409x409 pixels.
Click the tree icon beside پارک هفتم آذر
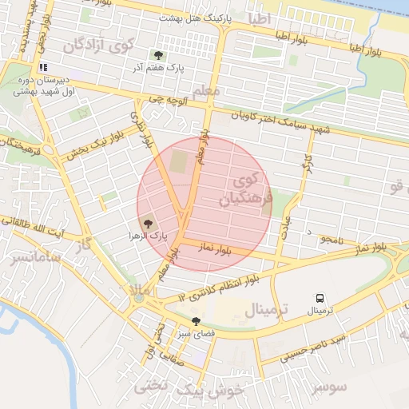(158, 56)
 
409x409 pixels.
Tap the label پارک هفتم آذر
(159, 69)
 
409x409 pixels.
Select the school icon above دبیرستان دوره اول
(43, 68)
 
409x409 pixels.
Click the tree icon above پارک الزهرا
(147, 223)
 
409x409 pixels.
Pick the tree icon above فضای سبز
(197, 321)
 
